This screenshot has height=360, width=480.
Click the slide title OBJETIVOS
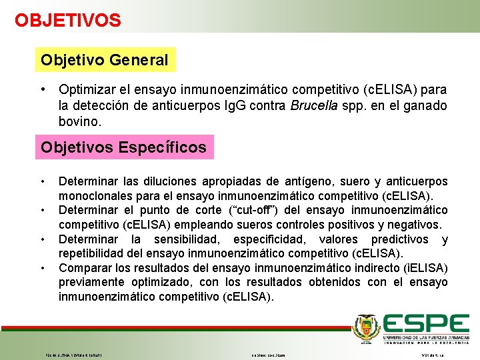point(68,20)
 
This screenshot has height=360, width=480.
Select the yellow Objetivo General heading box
point(105,60)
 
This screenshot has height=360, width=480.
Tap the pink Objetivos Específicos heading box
point(124,147)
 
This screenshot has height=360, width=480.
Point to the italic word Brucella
point(312,106)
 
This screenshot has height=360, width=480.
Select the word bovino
point(79,123)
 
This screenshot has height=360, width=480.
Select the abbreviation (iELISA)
point(423,268)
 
